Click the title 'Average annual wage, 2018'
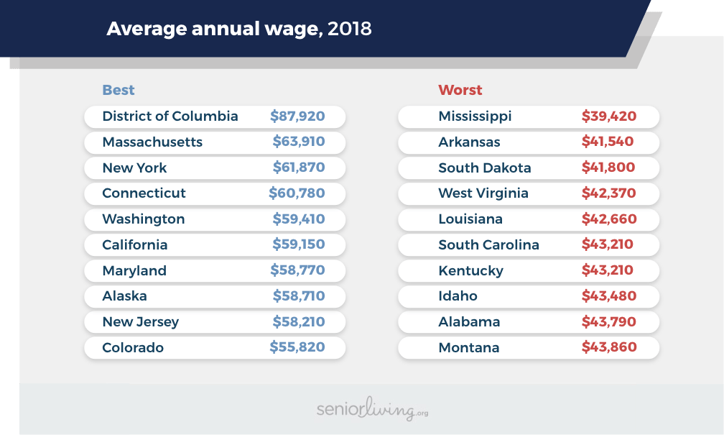pos(239,29)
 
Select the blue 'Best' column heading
pos(119,90)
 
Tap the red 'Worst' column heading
pos(460,90)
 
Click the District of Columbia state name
pos(170,116)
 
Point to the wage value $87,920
pos(297,116)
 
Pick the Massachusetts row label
pos(152,142)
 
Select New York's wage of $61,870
pos(299,168)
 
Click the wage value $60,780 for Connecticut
pos(297,193)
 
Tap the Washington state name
pos(144,219)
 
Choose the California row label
pos(135,244)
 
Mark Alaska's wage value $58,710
pos(299,296)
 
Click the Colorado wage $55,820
pos(297,347)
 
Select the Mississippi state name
pos(475,116)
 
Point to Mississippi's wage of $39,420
pos(609,116)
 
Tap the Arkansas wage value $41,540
pos(608,142)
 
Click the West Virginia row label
pos(483,193)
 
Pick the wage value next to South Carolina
pos(608,244)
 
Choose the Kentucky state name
pos(471,270)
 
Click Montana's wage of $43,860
pos(609,347)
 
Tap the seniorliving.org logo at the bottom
pos(372,410)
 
